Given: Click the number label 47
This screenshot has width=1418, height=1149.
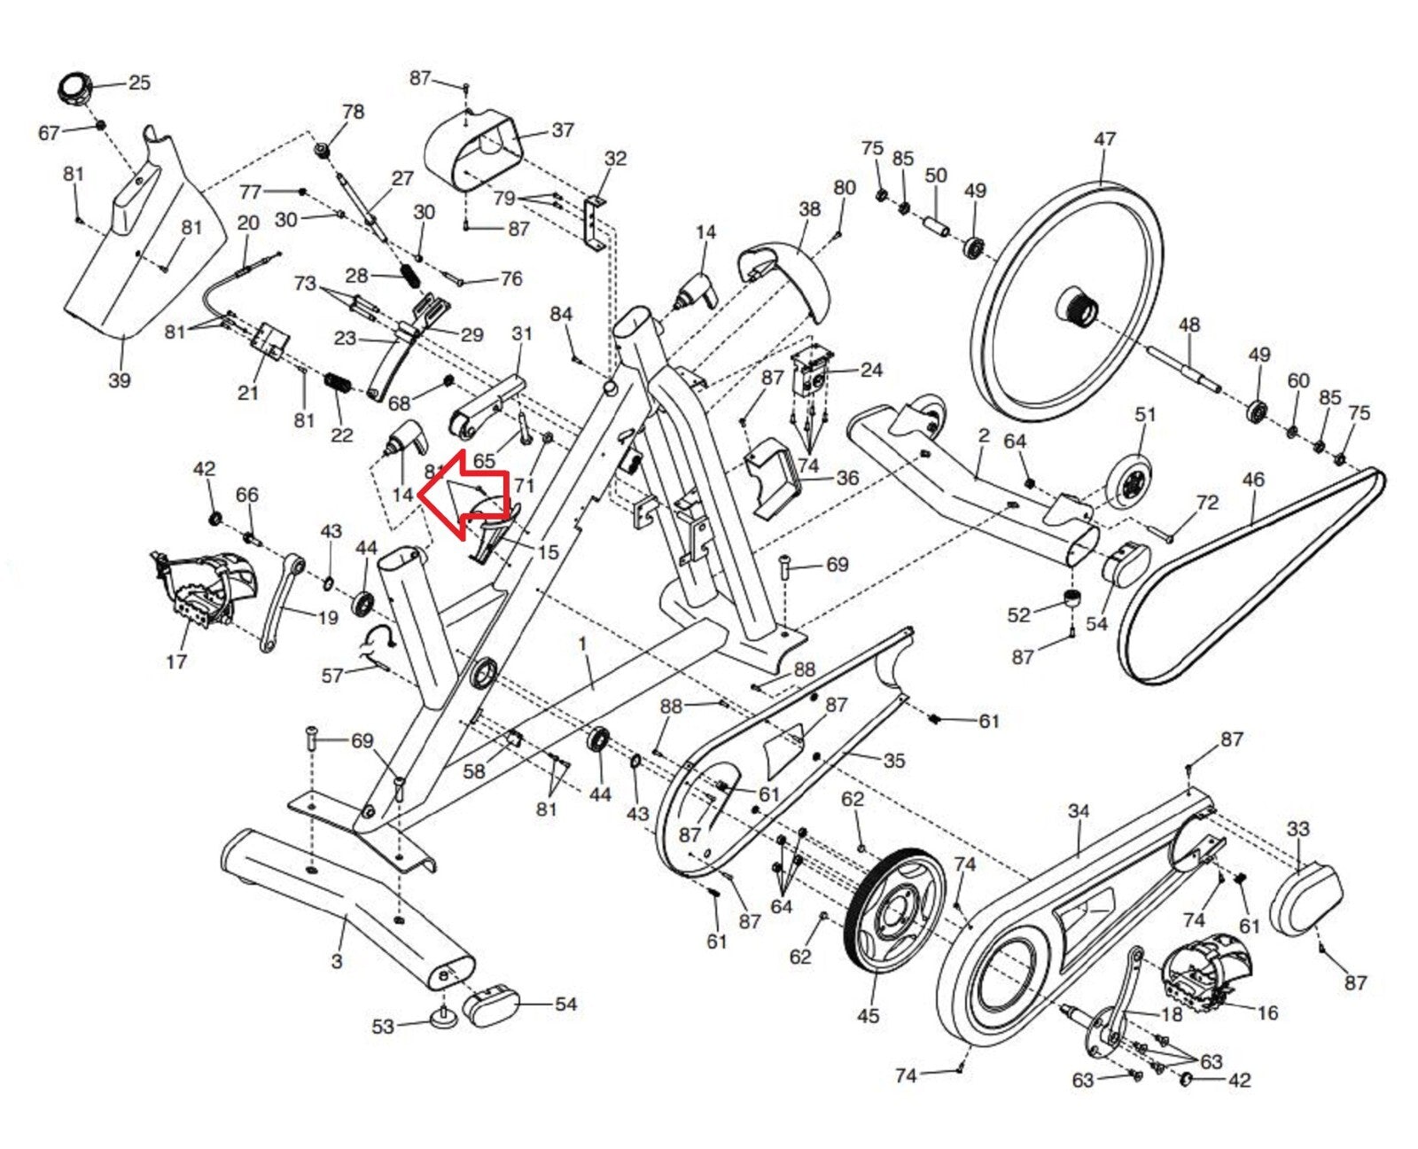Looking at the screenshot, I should point(1104,139).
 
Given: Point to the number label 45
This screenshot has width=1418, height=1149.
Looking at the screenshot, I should point(868,1015).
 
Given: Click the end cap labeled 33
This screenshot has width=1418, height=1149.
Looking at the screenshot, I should point(1306,900).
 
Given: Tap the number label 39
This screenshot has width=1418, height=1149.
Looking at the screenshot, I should point(119,379).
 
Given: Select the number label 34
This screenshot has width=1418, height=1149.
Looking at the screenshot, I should point(1078,810).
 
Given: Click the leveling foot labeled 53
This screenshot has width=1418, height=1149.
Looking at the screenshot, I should point(443,1015).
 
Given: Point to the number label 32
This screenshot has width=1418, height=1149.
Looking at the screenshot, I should point(615,159).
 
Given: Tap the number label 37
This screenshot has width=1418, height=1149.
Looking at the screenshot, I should point(563,130).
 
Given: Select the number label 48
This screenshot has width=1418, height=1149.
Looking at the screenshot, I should point(1188,324).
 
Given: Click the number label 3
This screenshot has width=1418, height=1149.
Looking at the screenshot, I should point(337,960).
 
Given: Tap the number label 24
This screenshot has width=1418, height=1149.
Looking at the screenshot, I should point(871,369).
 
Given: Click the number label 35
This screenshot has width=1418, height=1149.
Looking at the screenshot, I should point(893,760).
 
